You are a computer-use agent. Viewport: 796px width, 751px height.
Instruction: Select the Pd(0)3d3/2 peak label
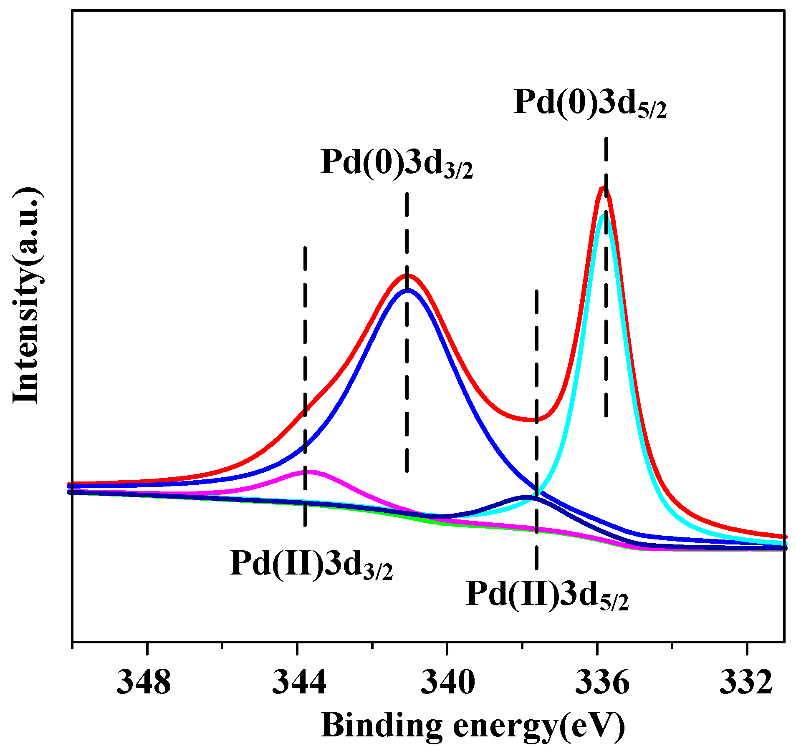tap(397, 164)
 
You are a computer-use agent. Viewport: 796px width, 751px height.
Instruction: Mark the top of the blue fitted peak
tap(407, 290)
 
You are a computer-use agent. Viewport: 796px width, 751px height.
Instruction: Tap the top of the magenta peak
tap(309, 472)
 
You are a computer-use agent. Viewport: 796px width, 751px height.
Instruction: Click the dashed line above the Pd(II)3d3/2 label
tap(305, 334)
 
